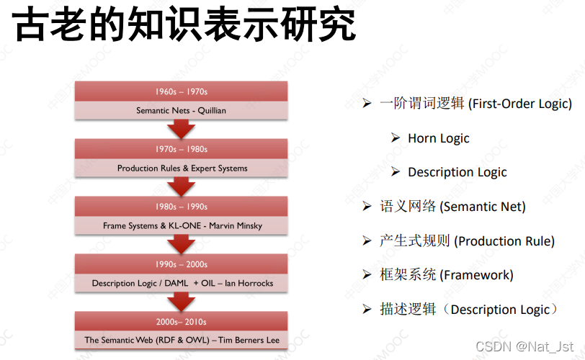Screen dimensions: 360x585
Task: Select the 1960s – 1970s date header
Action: tap(181, 91)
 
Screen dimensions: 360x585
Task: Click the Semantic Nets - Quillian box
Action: tap(181, 111)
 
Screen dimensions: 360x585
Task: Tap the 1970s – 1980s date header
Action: tap(181, 149)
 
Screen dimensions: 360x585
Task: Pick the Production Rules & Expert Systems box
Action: tap(182, 168)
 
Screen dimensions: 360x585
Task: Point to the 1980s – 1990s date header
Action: tap(181, 207)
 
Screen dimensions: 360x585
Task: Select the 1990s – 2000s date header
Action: tap(181, 264)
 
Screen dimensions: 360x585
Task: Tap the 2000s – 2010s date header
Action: tap(181, 322)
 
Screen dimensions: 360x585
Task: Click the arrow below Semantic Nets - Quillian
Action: tap(181, 129)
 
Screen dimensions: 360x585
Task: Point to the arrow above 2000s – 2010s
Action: tap(181, 302)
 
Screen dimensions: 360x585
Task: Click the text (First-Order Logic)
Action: tap(520, 104)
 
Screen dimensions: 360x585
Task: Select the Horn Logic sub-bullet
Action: tap(438, 138)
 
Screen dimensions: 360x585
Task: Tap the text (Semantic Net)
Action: tap(483, 207)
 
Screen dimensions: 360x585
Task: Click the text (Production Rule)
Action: tap(504, 241)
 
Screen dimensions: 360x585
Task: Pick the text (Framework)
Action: tap(477, 275)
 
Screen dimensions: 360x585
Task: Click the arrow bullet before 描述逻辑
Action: tap(367, 310)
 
